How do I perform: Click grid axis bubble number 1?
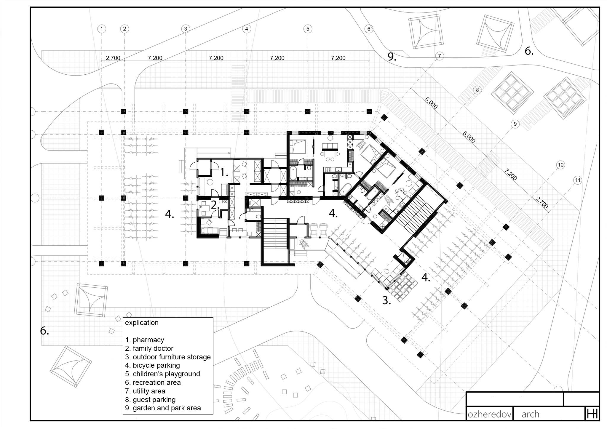102,29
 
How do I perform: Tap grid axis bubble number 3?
186,29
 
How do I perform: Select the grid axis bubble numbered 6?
369,29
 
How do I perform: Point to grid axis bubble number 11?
577,180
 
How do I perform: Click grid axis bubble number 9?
515,124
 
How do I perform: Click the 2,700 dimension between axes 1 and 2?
113,58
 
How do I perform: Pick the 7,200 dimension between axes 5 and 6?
338,58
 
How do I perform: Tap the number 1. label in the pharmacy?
224,172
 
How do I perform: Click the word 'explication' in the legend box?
142,323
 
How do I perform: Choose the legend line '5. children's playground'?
162,374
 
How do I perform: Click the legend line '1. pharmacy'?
144,340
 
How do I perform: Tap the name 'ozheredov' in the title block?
490,414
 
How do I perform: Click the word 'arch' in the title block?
531,414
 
